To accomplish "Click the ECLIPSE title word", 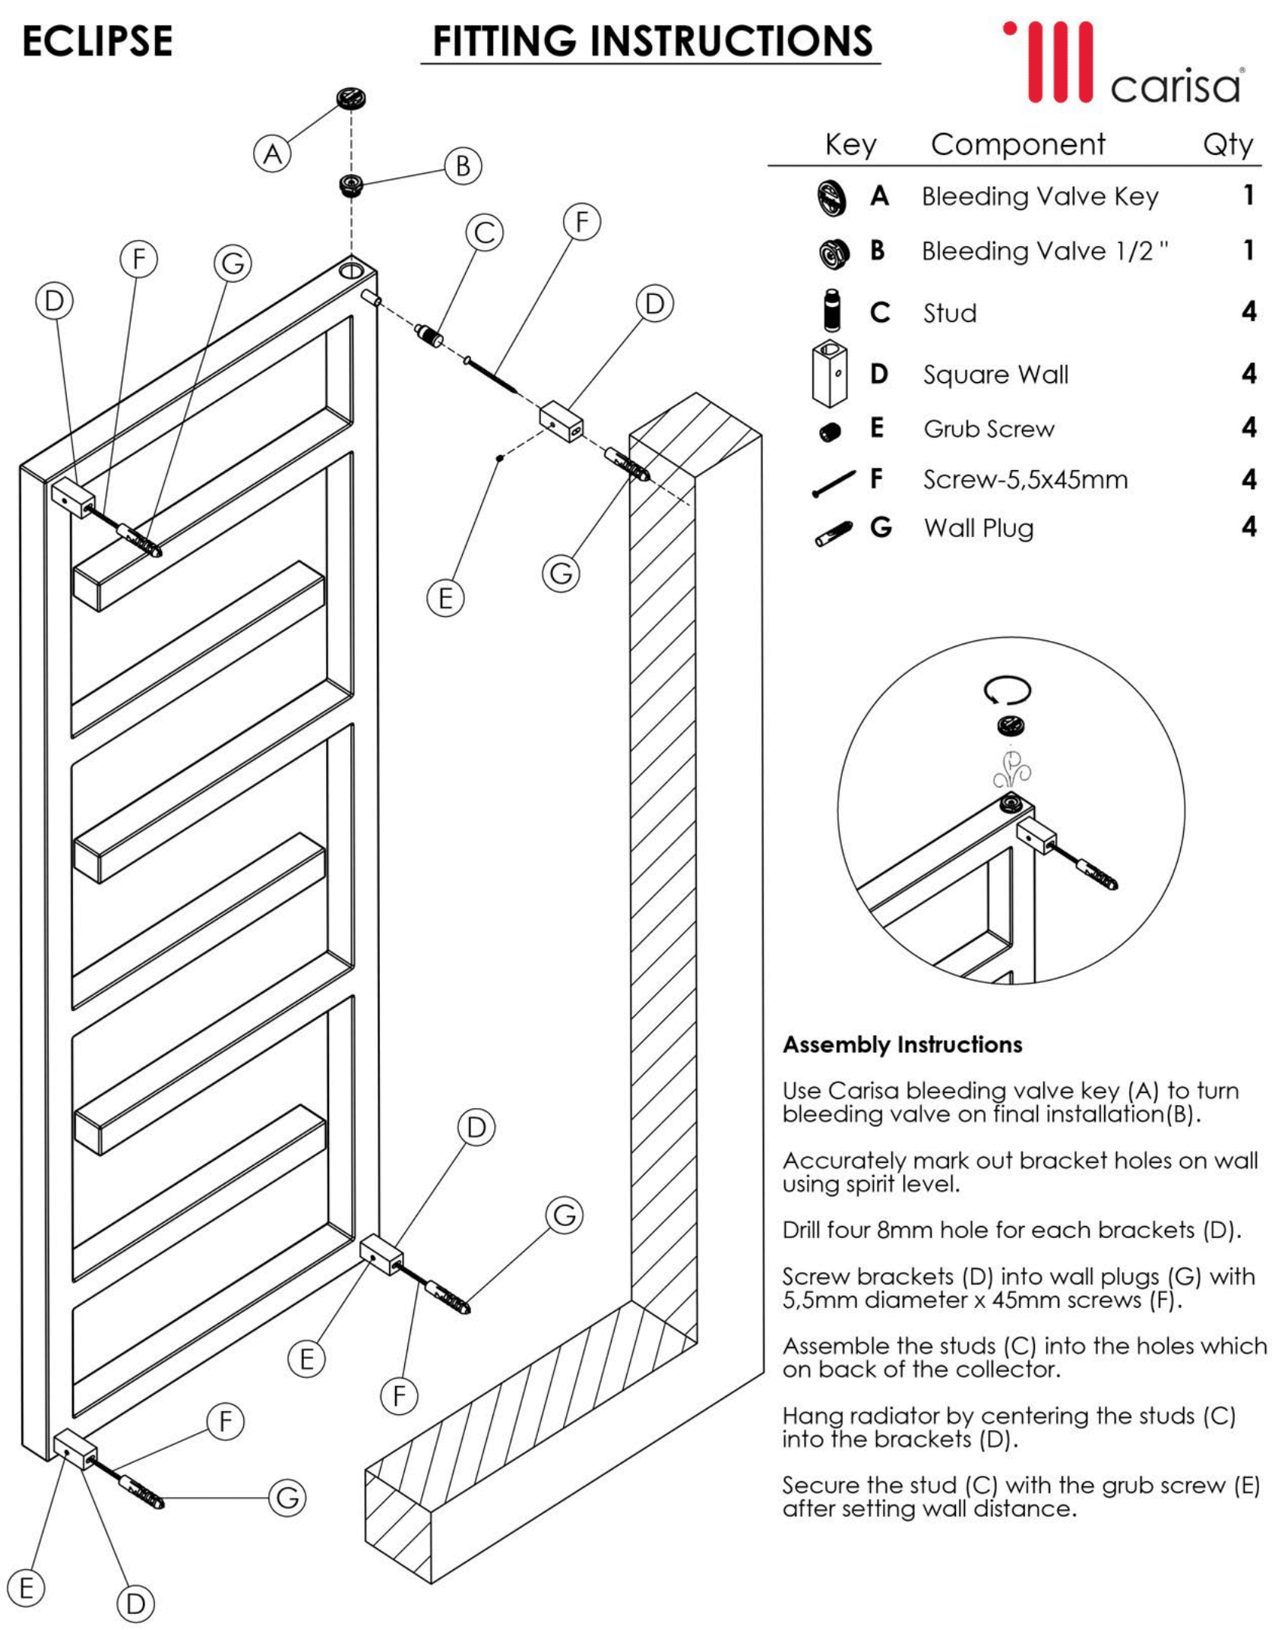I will pos(97,41).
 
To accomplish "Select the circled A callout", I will pos(272,154).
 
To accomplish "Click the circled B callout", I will pos(463,166).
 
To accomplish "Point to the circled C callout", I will pos(485,232).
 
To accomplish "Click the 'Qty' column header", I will pos(1227,144).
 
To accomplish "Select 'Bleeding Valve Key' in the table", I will pos(1039,197).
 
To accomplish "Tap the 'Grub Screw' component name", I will pos(989,429).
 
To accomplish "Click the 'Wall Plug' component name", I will pos(979,528).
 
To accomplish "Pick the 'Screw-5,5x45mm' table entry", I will pos(1025,480).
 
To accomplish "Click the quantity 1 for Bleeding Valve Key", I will pos(1248,196).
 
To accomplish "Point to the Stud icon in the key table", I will pos(832,310).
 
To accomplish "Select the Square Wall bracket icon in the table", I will pos(829,374).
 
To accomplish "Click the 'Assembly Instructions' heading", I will pos(902,1044).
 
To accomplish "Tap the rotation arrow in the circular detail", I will pos(1008,690).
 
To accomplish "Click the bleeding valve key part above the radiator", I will pos(351,98).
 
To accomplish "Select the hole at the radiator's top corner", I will pos(352,270).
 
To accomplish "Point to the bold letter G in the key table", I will pos(880,527).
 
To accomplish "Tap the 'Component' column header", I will pos(1017,144).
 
